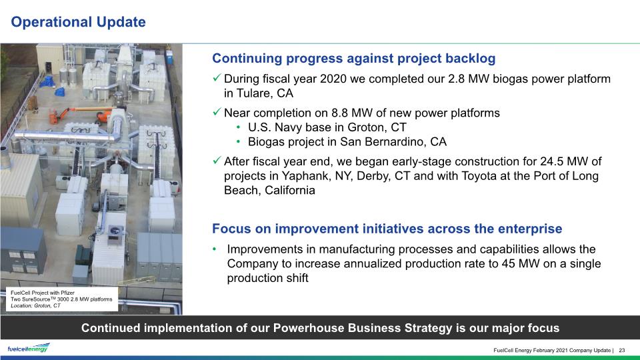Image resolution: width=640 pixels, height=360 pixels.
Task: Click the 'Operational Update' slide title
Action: (78, 22)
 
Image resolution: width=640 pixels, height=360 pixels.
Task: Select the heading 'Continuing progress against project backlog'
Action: (353, 59)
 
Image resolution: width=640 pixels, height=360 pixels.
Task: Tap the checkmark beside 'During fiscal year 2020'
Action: (217, 77)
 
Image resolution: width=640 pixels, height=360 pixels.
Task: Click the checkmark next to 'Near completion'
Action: (217, 111)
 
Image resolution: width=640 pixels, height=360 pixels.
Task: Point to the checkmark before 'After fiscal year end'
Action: (217, 160)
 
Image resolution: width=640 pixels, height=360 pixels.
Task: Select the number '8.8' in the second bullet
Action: (339, 113)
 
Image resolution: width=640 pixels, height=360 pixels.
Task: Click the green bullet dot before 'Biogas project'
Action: (239, 142)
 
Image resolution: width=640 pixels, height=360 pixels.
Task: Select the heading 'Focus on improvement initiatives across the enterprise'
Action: (387, 229)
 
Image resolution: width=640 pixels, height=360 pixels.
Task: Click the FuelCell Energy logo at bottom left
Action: (29, 348)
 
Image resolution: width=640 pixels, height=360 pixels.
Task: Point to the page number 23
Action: (622, 350)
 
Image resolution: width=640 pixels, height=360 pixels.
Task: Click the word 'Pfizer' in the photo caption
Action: (68, 293)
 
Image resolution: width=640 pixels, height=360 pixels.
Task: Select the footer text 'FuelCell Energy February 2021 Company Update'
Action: (552, 350)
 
